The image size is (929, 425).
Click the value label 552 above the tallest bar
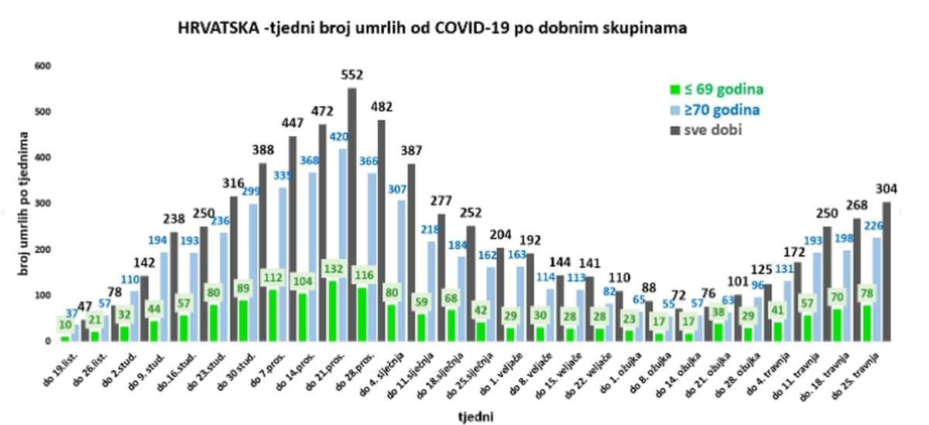point(352,75)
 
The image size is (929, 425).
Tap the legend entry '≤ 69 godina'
point(716,89)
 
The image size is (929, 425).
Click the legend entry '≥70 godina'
point(717,110)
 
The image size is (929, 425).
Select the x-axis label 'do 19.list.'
point(48,363)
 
